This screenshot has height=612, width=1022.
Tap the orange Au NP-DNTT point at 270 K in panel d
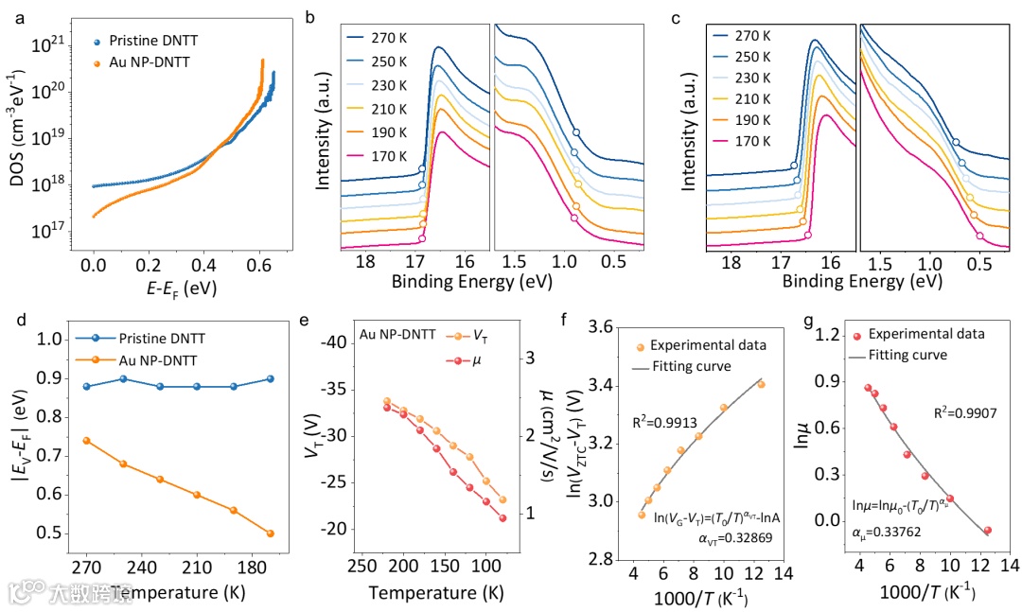pyautogui.click(x=87, y=441)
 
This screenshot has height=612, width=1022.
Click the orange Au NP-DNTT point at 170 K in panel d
pyautogui.click(x=271, y=533)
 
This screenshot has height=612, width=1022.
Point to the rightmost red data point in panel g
pyautogui.click(x=988, y=531)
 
